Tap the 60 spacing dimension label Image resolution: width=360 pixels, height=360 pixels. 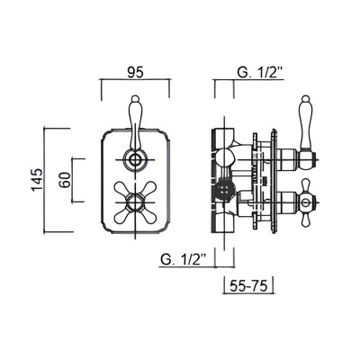coord(65,177)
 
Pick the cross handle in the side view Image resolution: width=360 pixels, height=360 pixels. coord(296,199)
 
